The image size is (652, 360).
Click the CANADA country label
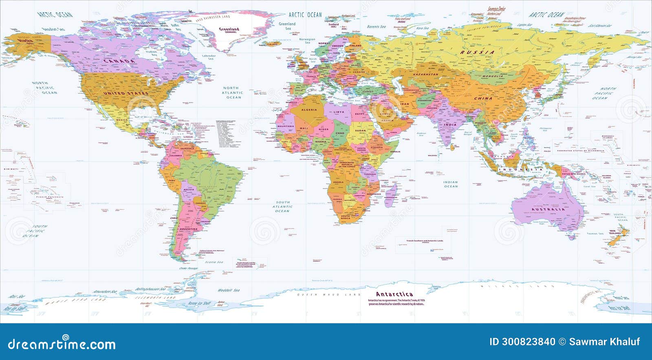click(x=119, y=61)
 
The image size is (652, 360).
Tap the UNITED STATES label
click(x=126, y=93)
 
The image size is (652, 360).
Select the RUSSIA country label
click(x=477, y=53)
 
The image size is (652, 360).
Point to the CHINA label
click(x=483, y=99)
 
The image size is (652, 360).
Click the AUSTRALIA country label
click(x=548, y=209)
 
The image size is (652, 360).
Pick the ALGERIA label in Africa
click(x=309, y=110)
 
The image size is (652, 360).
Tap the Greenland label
click(x=229, y=29)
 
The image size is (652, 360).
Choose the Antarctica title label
click(x=394, y=294)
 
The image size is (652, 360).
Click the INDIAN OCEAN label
click(x=451, y=184)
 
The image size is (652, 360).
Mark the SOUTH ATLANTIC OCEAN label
click(x=282, y=206)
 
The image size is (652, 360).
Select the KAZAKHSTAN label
click(x=426, y=75)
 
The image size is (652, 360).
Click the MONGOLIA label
click(x=493, y=76)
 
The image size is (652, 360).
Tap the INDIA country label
click(x=450, y=125)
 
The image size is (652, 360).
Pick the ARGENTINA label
click(x=188, y=229)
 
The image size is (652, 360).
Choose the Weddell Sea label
click(x=228, y=290)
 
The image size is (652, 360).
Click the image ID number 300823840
click(x=522, y=342)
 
